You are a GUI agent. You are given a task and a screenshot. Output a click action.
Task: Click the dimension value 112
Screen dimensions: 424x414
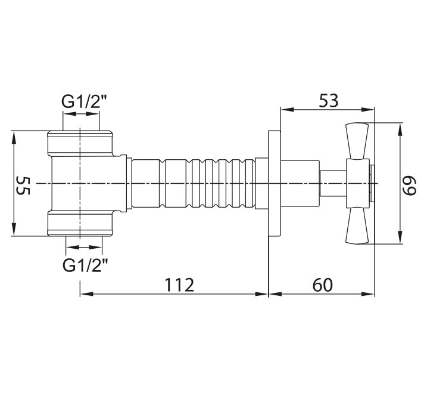click(179, 285)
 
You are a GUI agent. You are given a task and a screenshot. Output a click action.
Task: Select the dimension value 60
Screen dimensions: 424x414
click(323, 285)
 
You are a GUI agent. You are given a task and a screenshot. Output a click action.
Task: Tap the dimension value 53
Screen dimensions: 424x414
click(329, 101)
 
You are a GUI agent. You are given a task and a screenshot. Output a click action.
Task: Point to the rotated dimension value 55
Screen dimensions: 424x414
click(23, 186)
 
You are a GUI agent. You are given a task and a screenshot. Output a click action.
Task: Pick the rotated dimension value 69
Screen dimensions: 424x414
click(409, 186)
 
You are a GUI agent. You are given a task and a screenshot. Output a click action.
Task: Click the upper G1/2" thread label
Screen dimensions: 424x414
click(85, 102)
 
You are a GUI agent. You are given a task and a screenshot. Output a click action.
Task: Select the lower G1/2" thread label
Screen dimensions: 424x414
click(85, 265)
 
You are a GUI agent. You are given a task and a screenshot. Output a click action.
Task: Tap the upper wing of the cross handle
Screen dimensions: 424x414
click(357, 141)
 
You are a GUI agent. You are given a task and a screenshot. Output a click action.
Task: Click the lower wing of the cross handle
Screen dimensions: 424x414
click(357, 226)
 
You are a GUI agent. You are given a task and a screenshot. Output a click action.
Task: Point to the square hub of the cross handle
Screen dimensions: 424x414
click(358, 184)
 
